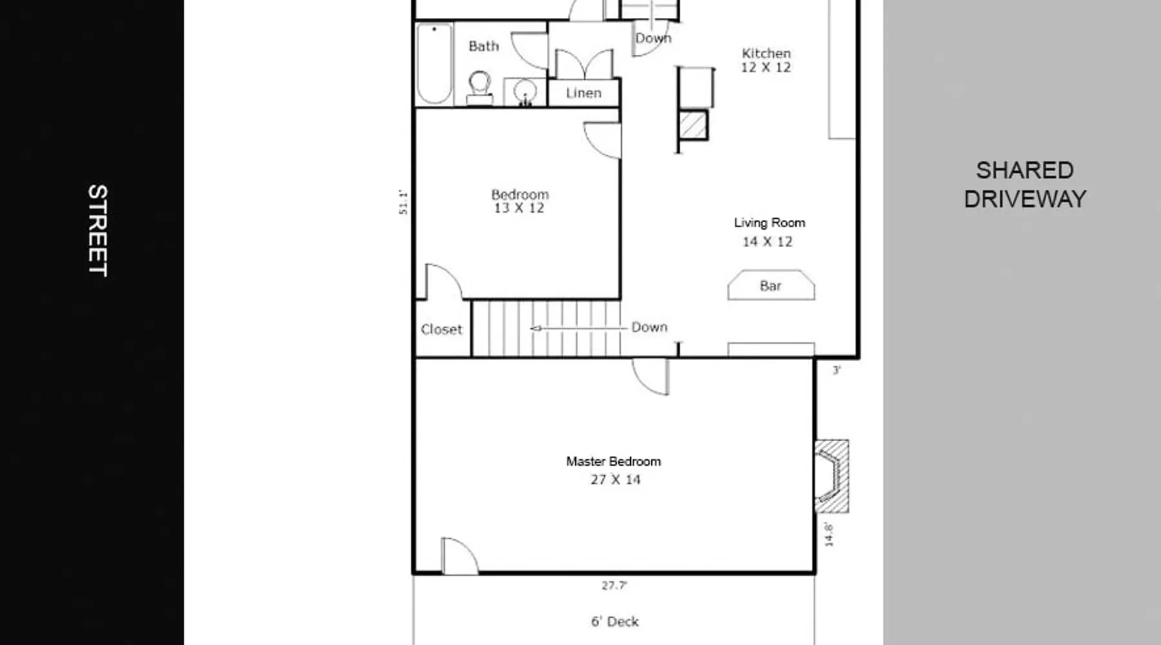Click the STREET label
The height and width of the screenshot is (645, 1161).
(97, 231)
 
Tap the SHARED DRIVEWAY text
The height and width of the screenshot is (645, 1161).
(1025, 184)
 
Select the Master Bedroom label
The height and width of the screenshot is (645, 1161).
(613, 461)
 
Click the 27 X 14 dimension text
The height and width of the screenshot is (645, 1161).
(615, 479)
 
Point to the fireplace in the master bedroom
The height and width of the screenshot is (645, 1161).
(831, 476)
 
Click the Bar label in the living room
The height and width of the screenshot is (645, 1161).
(771, 286)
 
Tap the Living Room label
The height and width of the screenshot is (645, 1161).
(769, 223)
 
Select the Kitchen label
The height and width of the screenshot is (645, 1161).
(766, 53)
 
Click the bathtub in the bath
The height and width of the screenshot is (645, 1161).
(434, 63)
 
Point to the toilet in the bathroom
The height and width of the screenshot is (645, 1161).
(479, 88)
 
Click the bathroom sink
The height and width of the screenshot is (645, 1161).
(525, 92)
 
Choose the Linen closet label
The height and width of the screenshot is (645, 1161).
(584, 93)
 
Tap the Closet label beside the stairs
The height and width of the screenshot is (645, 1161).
(442, 329)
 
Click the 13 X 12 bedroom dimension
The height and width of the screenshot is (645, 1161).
(519, 208)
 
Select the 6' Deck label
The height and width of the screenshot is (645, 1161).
(615, 621)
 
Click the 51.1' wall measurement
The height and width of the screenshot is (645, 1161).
(403, 202)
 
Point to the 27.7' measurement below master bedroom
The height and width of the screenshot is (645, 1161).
(614, 586)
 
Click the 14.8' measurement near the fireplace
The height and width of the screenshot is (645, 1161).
(829, 535)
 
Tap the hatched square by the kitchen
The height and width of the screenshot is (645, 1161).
(693, 125)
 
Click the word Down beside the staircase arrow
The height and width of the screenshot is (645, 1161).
(650, 327)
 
